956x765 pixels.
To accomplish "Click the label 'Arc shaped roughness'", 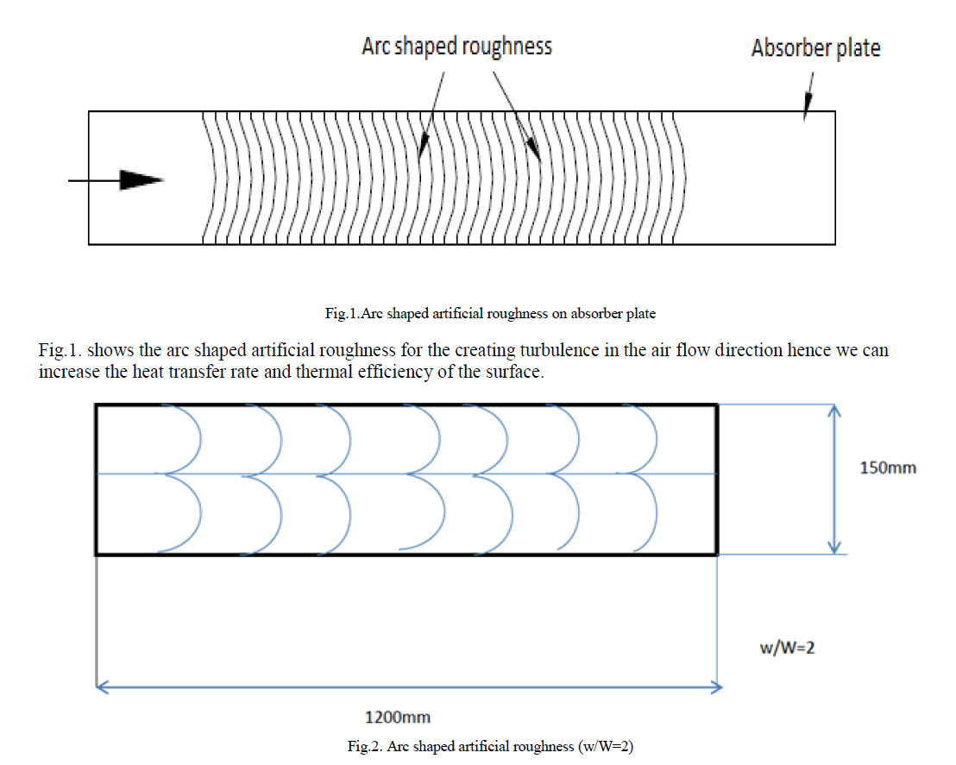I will (456, 46).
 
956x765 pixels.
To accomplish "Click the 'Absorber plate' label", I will (815, 48).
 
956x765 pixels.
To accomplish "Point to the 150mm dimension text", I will (888, 468).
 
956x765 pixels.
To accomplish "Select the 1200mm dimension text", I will (398, 717).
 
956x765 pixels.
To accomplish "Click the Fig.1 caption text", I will (490, 314).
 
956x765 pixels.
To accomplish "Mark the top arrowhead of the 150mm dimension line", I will (833, 413).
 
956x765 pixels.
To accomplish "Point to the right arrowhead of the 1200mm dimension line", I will (714, 687).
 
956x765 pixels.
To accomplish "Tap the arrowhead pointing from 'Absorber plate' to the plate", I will (807, 110).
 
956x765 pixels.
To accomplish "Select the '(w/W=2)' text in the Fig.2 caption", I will (604, 747).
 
